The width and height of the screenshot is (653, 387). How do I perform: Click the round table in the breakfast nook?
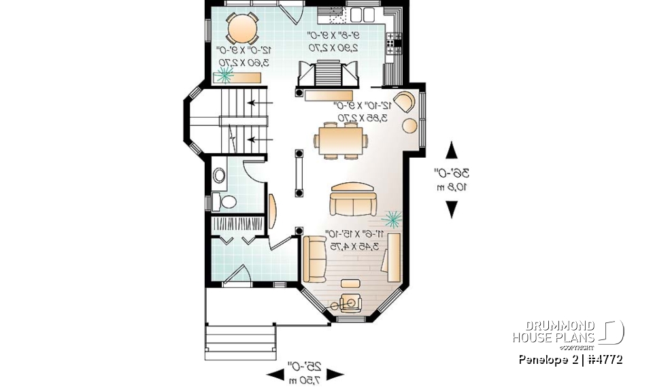click(x=241, y=29)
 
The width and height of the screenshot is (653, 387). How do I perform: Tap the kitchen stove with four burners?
click(x=394, y=43)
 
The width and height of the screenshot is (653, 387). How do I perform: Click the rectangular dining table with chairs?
click(x=340, y=140)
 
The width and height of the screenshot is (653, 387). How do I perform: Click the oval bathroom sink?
click(x=220, y=176)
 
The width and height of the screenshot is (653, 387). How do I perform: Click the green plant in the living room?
click(x=393, y=218)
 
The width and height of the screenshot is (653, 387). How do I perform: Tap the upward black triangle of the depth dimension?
click(x=450, y=149)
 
